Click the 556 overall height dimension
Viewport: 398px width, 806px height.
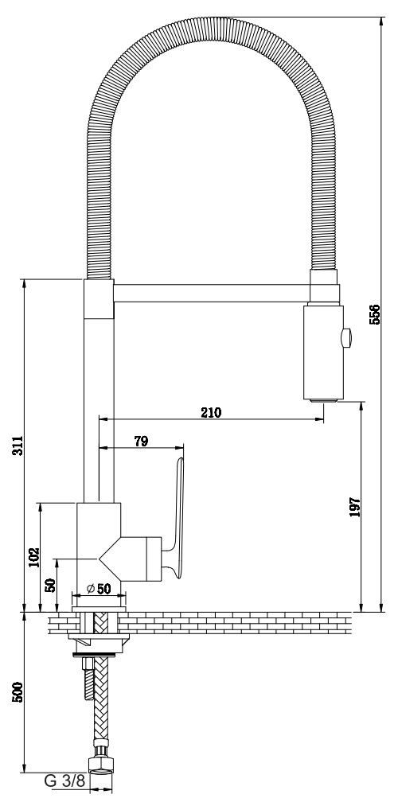pos(375,314)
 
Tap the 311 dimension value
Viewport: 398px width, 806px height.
pos(18,446)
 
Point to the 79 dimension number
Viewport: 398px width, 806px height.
pos(141,441)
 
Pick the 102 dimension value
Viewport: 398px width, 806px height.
pos(33,556)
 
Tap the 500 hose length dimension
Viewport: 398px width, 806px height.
pos(18,693)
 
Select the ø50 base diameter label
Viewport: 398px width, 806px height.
pos(99,589)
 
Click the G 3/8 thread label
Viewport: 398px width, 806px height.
pos(64,781)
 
